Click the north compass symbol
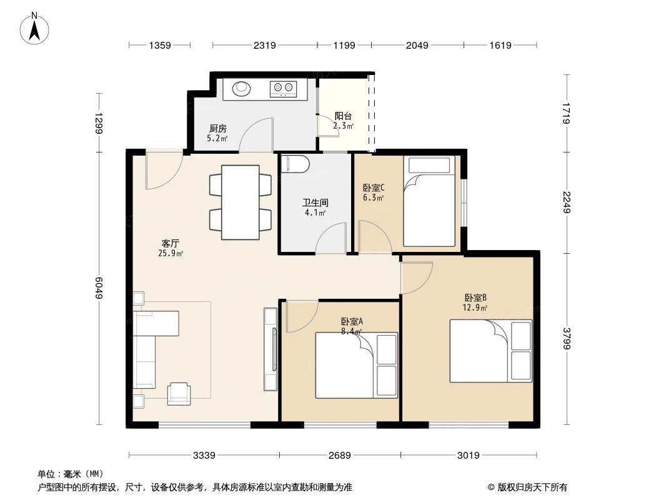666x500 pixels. pyautogui.click(x=36, y=29)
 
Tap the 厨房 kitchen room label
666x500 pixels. pyautogui.click(x=217, y=128)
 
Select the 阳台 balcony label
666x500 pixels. pyautogui.click(x=343, y=116)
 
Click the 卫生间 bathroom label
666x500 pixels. pyautogui.click(x=315, y=203)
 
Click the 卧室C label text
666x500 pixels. pyautogui.click(x=373, y=187)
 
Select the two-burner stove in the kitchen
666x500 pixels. pyautogui.click(x=283, y=89)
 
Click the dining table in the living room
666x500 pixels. pyautogui.click(x=241, y=202)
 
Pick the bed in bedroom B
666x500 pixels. pyautogui.click(x=490, y=351)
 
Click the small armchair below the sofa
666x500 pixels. pyautogui.click(x=180, y=392)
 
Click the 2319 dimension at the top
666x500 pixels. pyautogui.click(x=264, y=45)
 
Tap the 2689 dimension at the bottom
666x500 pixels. pyautogui.click(x=340, y=456)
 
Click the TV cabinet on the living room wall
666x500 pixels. pyautogui.click(x=271, y=349)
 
